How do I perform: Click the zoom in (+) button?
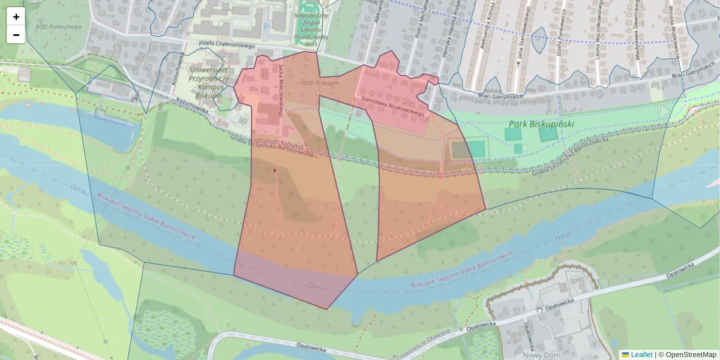click(x=16, y=17)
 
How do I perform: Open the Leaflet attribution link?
click(x=641, y=355)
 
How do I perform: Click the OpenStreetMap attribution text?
click(x=691, y=355)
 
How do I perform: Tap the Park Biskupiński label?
click(x=541, y=124)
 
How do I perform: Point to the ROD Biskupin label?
click(x=319, y=83)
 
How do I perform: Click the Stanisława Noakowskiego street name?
click(x=392, y=105)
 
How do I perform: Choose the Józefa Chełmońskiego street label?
click(x=227, y=45)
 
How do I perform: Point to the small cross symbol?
click(x=275, y=171)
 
